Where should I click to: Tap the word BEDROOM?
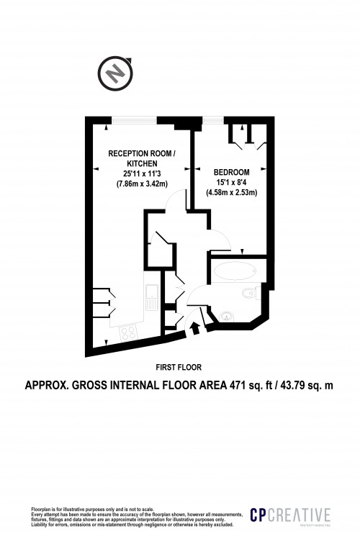(x=232, y=172)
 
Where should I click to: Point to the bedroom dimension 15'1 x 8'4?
(x=232, y=182)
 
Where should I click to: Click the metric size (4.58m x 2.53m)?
(x=232, y=192)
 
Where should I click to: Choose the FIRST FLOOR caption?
(x=179, y=366)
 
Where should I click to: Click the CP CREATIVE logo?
(x=290, y=515)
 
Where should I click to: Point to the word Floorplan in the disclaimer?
(x=42, y=508)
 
